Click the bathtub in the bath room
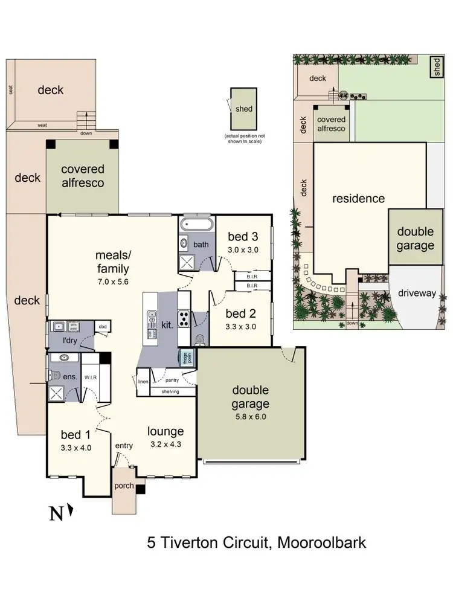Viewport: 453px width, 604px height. [x=196, y=225]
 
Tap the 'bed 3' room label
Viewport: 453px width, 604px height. [x=240, y=236]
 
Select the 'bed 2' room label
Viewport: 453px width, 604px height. [x=240, y=313]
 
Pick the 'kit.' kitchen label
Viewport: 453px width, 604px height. [x=167, y=324]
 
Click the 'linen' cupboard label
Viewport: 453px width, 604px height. [x=143, y=382]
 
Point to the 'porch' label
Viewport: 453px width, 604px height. [x=124, y=485]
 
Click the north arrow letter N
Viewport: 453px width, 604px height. [x=56, y=514]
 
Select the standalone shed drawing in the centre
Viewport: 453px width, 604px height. [x=243, y=109]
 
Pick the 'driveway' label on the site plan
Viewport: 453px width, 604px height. [x=417, y=293]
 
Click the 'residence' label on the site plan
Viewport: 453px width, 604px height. [x=358, y=198]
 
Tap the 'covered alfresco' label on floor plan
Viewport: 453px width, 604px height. [x=82, y=176]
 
